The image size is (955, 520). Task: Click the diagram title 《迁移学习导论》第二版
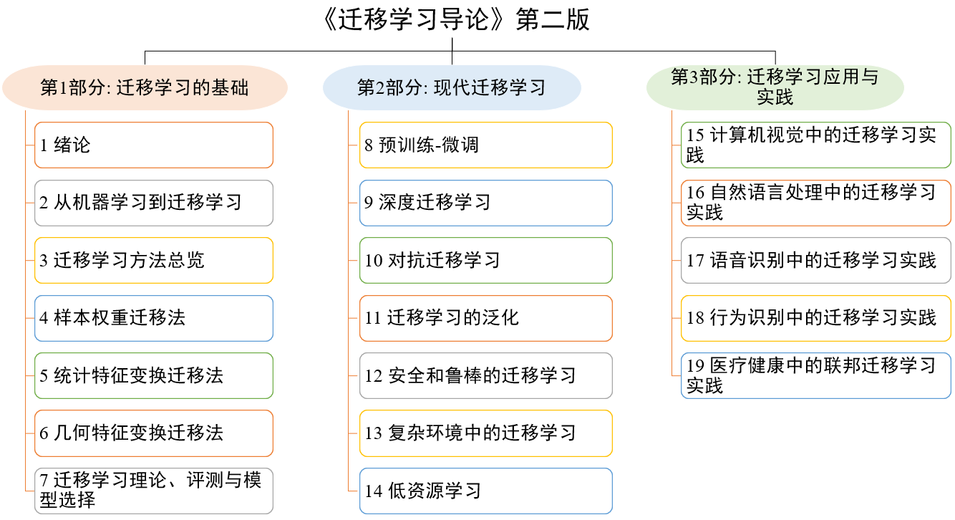tap(455, 19)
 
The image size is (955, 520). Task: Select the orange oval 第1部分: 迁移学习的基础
tap(145, 87)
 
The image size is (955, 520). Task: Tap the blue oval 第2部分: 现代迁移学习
tap(452, 87)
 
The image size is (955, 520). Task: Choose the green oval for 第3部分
tap(775, 87)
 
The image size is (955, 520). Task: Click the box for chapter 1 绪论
tap(154, 145)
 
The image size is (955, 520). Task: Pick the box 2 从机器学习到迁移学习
tap(154, 203)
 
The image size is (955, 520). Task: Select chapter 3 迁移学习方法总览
tap(154, 260)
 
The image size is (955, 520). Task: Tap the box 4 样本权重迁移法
tap(154, 318)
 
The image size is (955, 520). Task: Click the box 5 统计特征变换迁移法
tap(154, 376)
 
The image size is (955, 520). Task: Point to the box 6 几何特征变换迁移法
tap(154, 433)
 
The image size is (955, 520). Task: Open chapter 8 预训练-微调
tap(486, 145)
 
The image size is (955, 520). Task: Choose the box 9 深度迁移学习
tap(486, 203)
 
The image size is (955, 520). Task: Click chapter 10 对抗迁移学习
tap(486, 260)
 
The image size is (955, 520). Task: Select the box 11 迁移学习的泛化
tap(486, 318)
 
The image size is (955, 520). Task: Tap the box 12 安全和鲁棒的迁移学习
tap(486, 376)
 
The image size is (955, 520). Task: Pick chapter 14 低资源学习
tap(486, 491)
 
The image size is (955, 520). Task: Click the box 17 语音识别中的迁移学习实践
tap(816, 260)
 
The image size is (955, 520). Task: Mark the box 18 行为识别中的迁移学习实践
tap(816, 318)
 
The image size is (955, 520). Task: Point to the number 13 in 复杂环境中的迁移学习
tap(374, 433)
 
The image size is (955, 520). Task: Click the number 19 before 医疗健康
tap(695, 365)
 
